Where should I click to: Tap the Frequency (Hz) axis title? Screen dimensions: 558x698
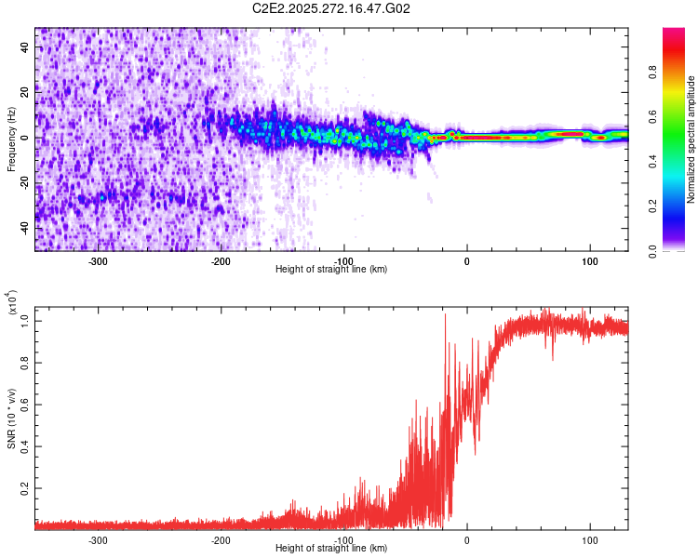pyautogui.click(x=11, y=139)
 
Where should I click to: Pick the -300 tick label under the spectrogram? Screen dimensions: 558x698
pyautogui.click(x=99, y=261)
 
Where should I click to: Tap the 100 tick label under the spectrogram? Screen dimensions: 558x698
pyautogui.click(x=589, y=261)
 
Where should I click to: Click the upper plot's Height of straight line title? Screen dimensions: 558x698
pyautogui.click(x=331, y=269)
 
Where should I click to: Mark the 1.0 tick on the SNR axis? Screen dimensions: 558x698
pyautogui.click(x=25, y=321)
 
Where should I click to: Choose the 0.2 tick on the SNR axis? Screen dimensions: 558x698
pyautogui.click(x=25, y=487)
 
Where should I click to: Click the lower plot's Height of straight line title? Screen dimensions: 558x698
pyautogui.click(x=331, y=549)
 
